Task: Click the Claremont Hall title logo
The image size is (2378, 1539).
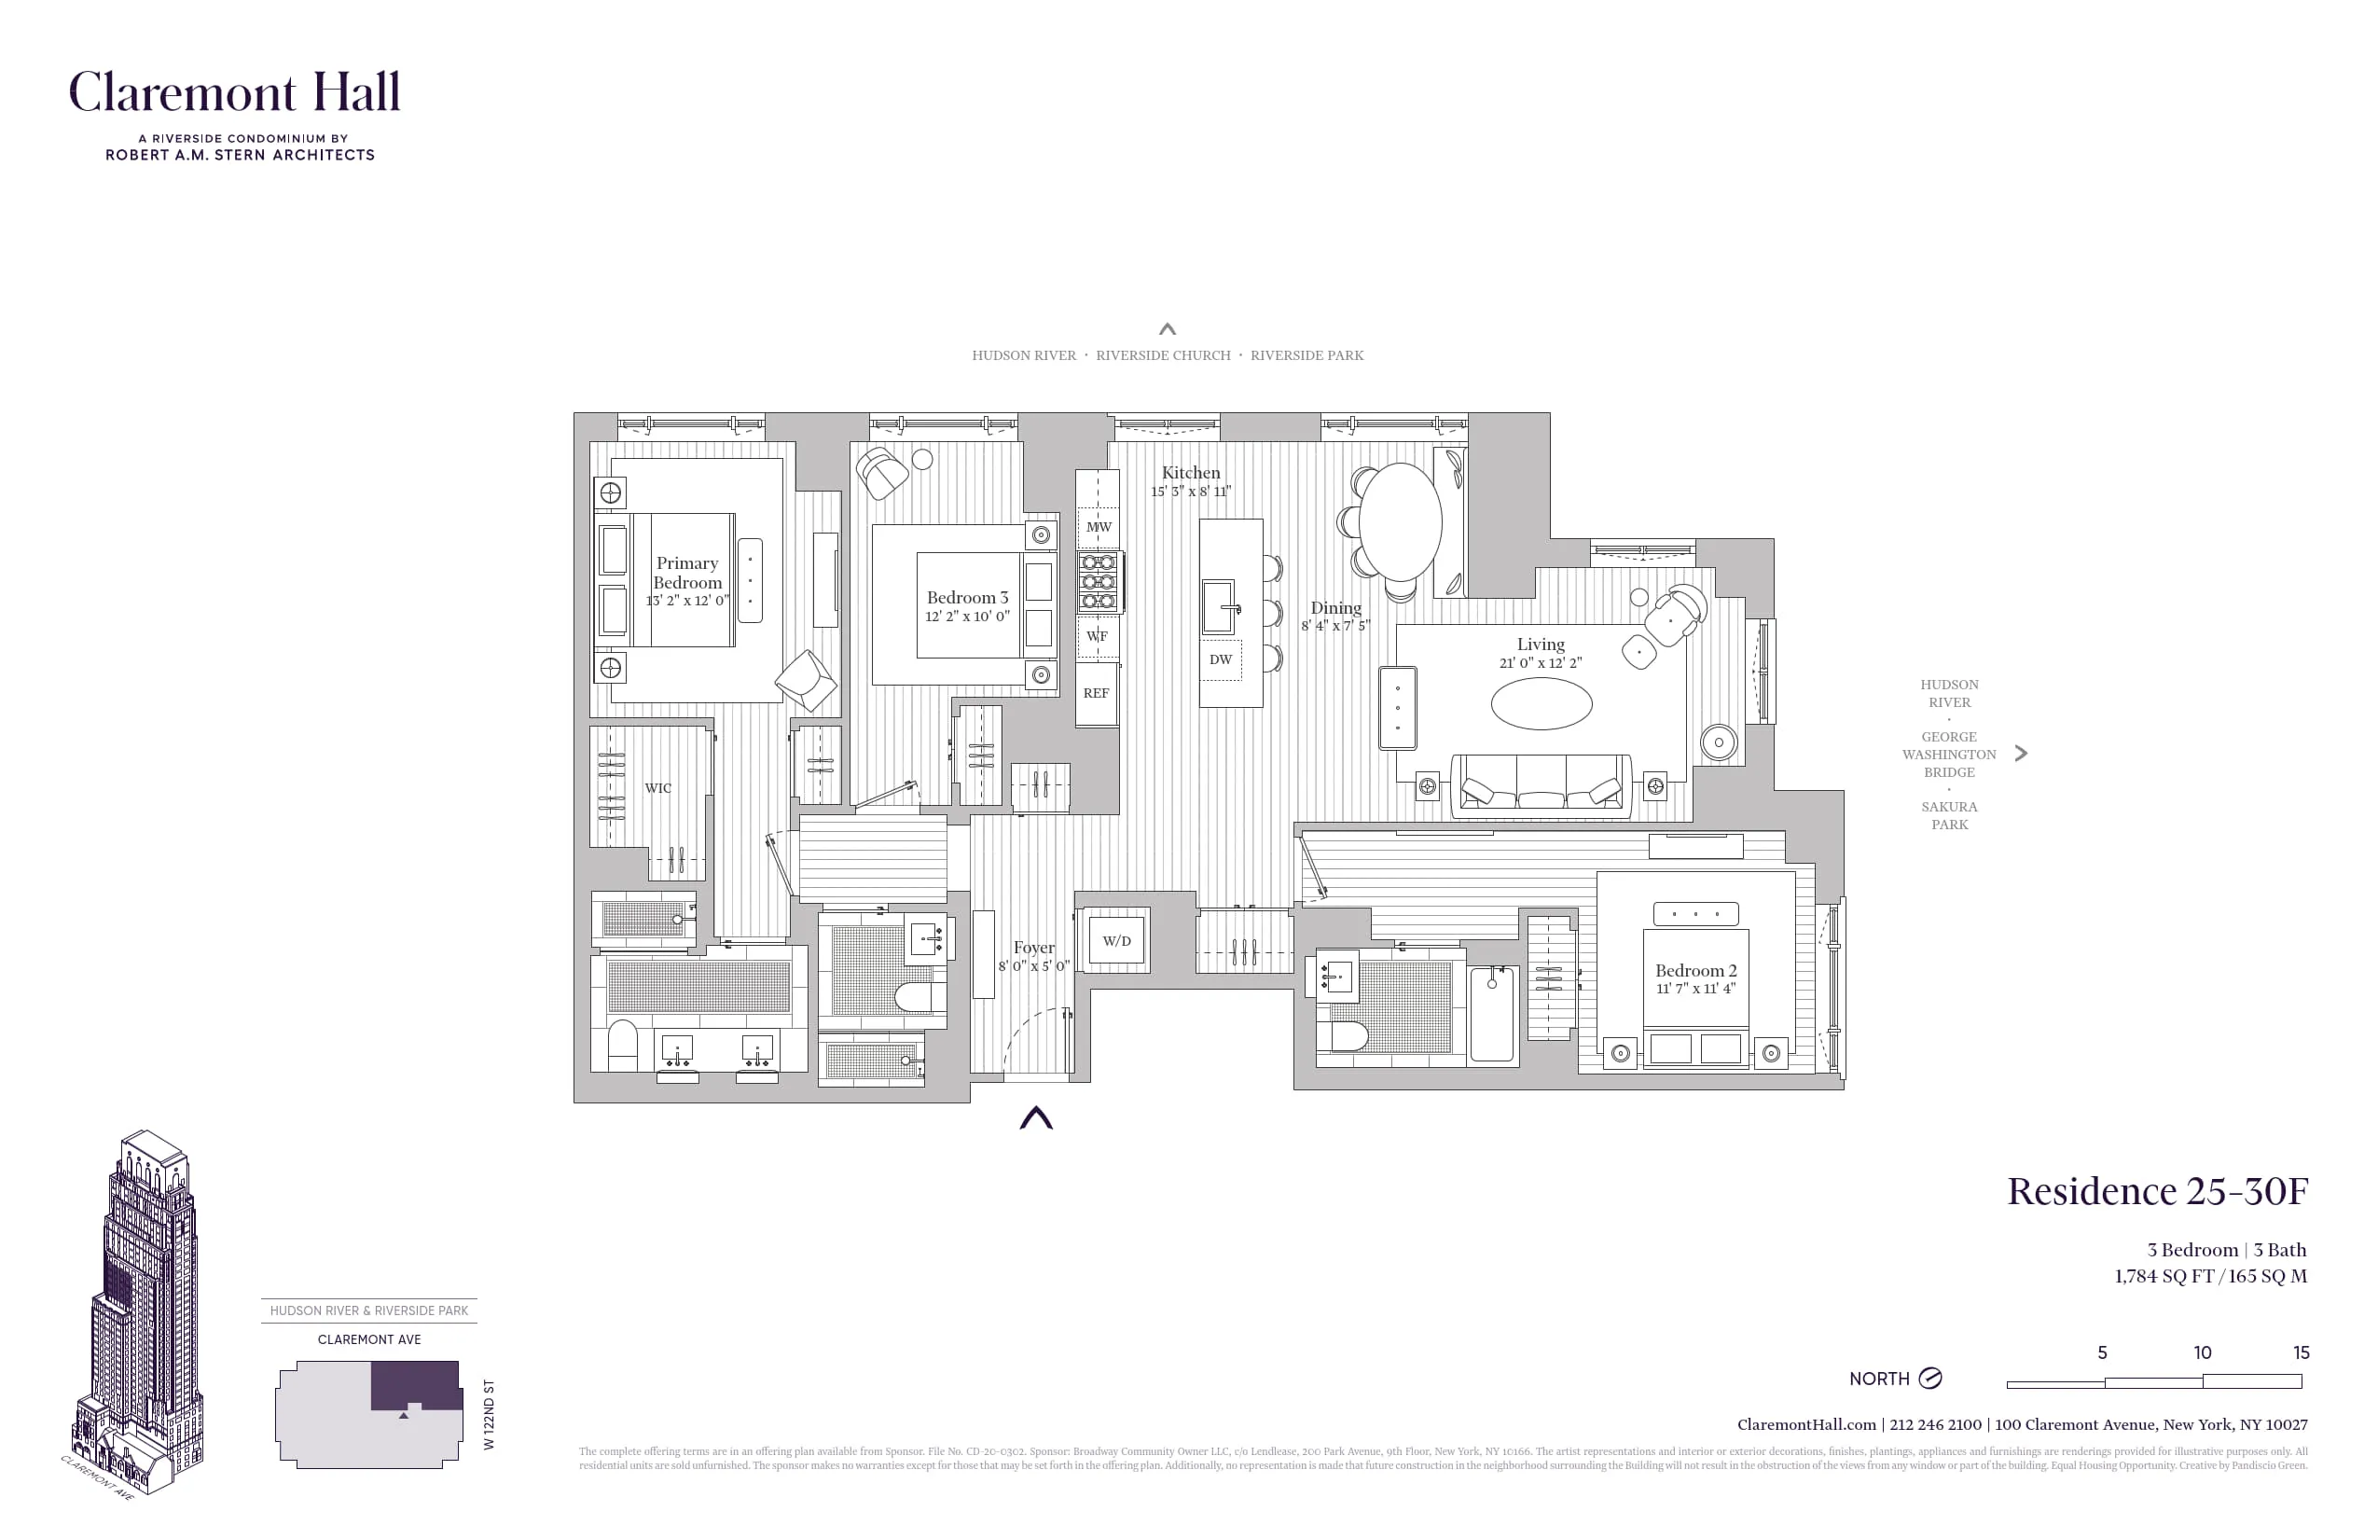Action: (x=235, y=93)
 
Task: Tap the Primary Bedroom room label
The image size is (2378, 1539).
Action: (x=687, y=574)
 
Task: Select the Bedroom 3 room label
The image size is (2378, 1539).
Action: (x=967, y=598)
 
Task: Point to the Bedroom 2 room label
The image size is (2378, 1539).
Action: (x=1695, y=970)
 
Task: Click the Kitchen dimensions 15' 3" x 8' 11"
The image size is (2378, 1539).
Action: (x=1190, y=492)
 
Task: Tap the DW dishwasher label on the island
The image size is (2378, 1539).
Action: (x=1221, y=659)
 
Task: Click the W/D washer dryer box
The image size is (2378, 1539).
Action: (x=1117, y=941)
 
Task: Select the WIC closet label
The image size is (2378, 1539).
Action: (x=657, y=788)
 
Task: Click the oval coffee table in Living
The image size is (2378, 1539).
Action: (x=1541, y=703)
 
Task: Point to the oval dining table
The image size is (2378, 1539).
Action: (x=1401, y=521)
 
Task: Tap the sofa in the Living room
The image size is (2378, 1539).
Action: (x=1541, y=784)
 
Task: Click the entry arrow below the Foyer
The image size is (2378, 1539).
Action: (x=1036, y=1118)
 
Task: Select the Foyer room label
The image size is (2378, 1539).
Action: (x=1033, y=948)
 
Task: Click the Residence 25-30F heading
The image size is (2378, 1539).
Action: (x=2157, y=1191)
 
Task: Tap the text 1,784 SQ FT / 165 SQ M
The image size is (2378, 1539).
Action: (x=2210, y=1276)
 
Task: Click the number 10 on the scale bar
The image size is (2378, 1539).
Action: (x=2202, y=1353)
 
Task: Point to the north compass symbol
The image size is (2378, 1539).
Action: (x=1930, y=1379)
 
